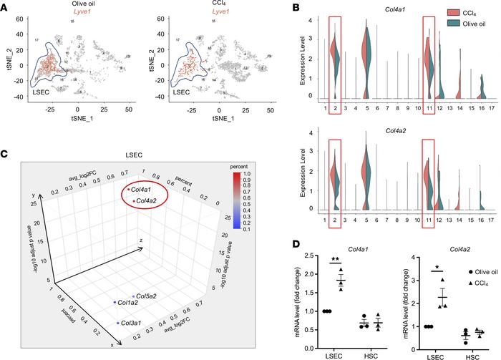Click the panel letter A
pyautogui.click(x=6, y=6)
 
